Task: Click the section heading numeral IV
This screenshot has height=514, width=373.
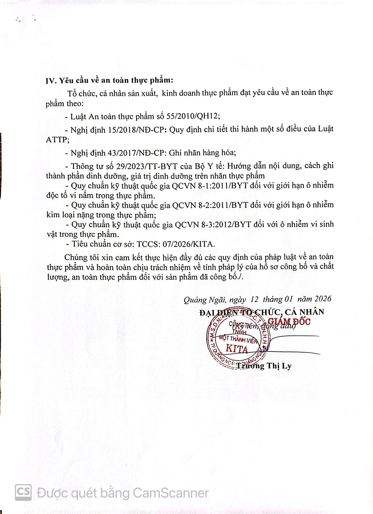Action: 51,81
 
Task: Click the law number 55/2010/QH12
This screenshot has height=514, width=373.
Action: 193,116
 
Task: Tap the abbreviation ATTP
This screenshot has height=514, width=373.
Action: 57,140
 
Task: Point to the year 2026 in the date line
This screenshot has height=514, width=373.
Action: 323,299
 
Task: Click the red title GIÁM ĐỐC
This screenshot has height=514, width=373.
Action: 289,321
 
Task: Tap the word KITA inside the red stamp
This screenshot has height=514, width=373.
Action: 237,349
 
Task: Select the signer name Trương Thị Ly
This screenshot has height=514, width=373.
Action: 264,366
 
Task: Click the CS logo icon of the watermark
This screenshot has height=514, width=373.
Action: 23,492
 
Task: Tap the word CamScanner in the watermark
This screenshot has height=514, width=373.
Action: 170,493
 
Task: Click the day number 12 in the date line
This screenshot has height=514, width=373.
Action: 254,299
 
